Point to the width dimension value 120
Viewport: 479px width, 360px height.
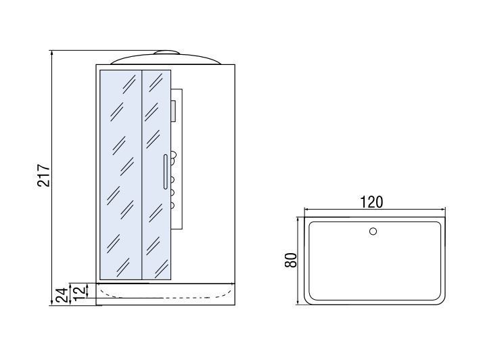point(371,202)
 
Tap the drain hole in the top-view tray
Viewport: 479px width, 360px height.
point(373,232)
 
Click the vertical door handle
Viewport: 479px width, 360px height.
point(164,172)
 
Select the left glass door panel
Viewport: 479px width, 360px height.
point(120,174)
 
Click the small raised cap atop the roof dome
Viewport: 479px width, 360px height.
point(166,53)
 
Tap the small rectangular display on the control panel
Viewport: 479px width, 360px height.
point(174,110)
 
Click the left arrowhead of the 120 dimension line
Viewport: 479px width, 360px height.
point(306,210)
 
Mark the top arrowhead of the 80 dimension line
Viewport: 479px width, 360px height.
point(298,219)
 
